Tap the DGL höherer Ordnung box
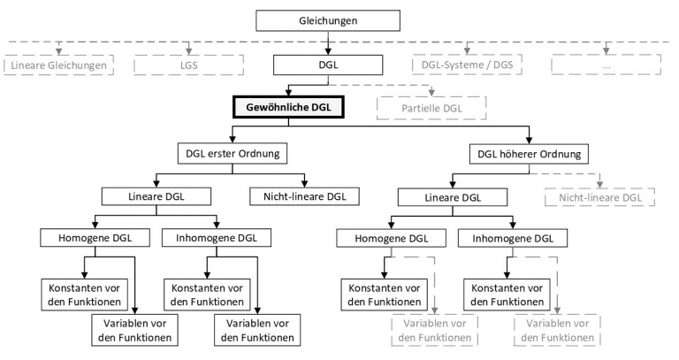click(530, 153)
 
